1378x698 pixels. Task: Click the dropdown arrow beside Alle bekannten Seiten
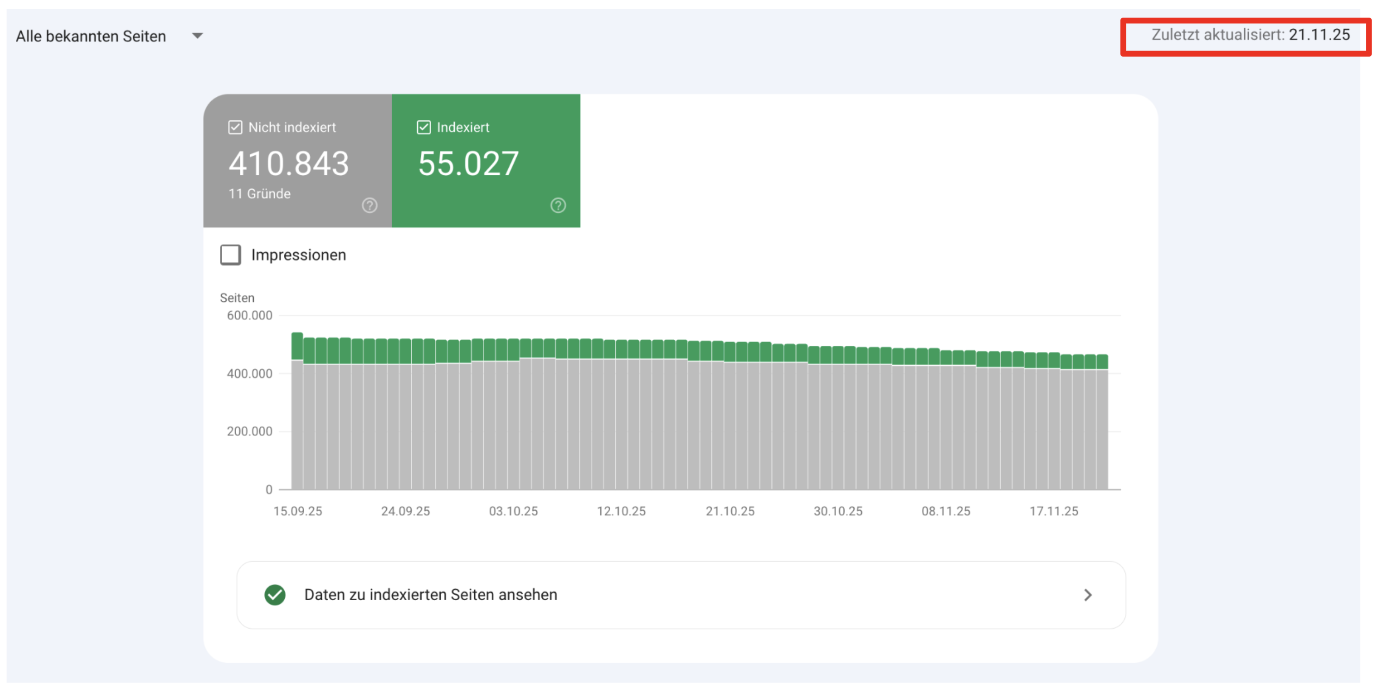(x=197, y=36)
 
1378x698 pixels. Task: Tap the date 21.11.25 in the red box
(x=1319, y=35)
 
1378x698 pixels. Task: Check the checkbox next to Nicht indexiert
(x=235, y=127)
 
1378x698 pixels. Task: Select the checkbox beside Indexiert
(x=423, y=127)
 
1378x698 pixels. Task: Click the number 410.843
(x=288, y=163)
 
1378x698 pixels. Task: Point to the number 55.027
(x=468, y=163)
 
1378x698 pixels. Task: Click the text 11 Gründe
(x=259, y=194)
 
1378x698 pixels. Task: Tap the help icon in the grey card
(x=369, y=205)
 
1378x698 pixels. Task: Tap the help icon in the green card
(x=558, y=205)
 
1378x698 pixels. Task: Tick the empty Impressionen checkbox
(x=231, y=255)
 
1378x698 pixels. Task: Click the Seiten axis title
(x=237, y=298)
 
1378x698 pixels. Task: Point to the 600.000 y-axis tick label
(x=249, y=315)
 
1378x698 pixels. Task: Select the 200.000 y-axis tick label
(x=249, y=431)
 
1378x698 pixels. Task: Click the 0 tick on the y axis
(x=269, y=489)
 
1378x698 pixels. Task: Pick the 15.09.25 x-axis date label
(x=297, y=511)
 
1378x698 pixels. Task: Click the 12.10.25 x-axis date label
(x=621, y=511)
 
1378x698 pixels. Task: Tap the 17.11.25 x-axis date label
(x=1053, y=511)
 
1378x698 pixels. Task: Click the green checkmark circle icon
(x=275, y=595)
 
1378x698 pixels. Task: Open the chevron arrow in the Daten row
(x=1088, y=595)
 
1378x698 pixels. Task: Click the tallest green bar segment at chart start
(x=297, y=346)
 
